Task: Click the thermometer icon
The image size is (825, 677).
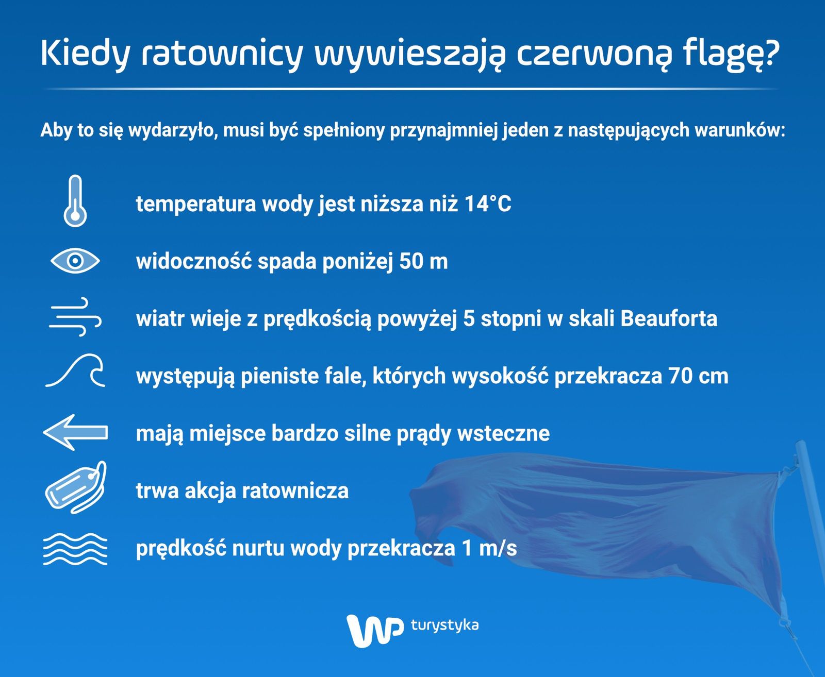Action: point(75,201)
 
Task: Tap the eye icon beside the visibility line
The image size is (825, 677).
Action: point(75,261)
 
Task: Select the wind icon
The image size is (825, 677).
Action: point(75,317)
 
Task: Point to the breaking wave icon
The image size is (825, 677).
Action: point(75,371)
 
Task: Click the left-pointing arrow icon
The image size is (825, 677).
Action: point(75,433)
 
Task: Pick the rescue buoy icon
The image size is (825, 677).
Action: point(76,487)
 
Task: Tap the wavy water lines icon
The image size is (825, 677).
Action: point(75,549)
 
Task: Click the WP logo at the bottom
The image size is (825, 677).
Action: point(374,631)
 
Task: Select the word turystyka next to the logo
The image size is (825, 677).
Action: point(444,625)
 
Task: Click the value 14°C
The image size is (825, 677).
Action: point(488,204)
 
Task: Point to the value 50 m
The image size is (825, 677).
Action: point(423,261)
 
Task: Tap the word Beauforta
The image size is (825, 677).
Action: point(669,318)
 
